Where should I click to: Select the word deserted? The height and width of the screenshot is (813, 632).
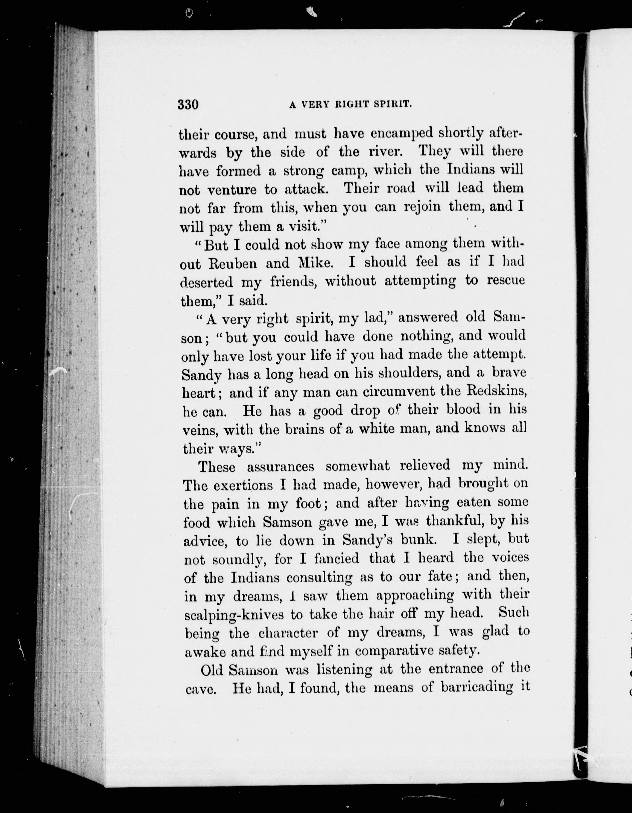(x=206, y=282)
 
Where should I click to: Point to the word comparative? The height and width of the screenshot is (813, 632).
(x=392, y=651)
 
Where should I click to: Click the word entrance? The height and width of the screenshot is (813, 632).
(x=456, y=669)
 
